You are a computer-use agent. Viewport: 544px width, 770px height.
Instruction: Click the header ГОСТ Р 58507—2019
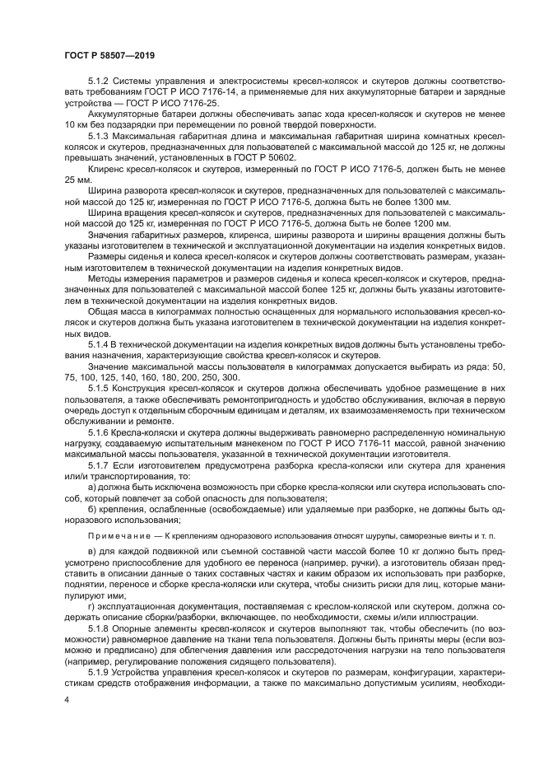pyautogui.click(x=109, y=54)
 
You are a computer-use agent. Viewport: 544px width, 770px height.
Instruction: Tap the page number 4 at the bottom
pyautogui.click(x=67, y=700)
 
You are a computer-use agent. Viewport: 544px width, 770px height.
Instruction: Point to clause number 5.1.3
pyautogui.click(x=100, y=133)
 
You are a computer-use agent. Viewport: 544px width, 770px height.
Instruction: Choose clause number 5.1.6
pyautogui.click(x=100, y=431)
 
